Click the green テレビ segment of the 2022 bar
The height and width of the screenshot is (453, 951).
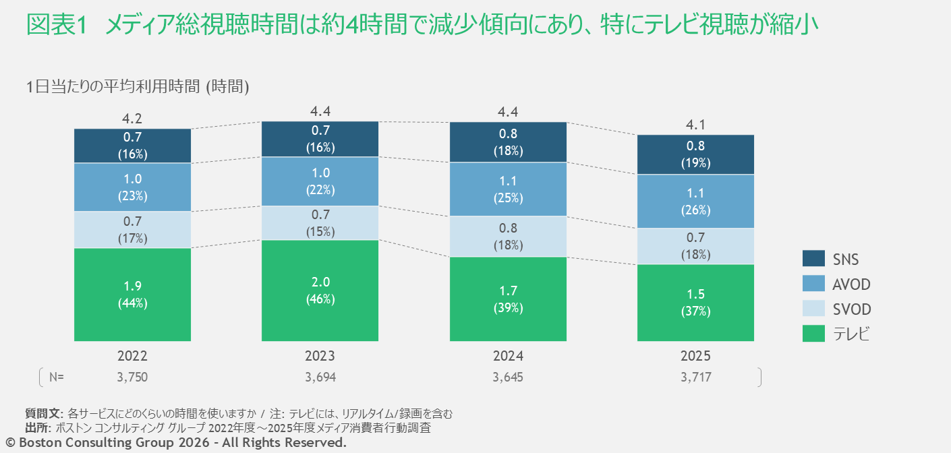coord(132,295)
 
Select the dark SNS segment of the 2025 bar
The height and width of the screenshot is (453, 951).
coord(695,154)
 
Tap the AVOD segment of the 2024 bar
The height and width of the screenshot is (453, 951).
coord(508,189)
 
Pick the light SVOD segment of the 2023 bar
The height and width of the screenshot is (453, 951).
coord(320,223)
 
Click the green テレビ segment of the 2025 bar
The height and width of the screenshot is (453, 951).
coord(695,303)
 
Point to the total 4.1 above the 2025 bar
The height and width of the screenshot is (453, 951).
coord(695,125)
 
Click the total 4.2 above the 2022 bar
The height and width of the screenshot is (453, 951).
coord(132,119)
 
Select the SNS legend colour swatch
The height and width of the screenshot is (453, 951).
coord(813,258)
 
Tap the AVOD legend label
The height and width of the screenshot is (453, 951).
coord(851,284)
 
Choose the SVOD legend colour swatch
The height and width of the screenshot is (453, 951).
coord(813,308)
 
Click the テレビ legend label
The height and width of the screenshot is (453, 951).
coord(851,334)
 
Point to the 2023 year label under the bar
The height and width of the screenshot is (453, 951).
coord(320,356)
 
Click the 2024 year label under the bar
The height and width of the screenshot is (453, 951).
coord(508,356)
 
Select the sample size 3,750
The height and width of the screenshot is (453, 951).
coord(132,377)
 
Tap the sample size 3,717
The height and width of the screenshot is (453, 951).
coord(696,377)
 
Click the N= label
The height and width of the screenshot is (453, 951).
coord(57,377)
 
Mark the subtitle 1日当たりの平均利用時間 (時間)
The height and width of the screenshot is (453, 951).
coord(138,86)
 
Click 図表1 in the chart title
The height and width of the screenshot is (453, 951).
coord(57,24)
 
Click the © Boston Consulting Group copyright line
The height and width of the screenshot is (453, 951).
coord(176,442)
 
